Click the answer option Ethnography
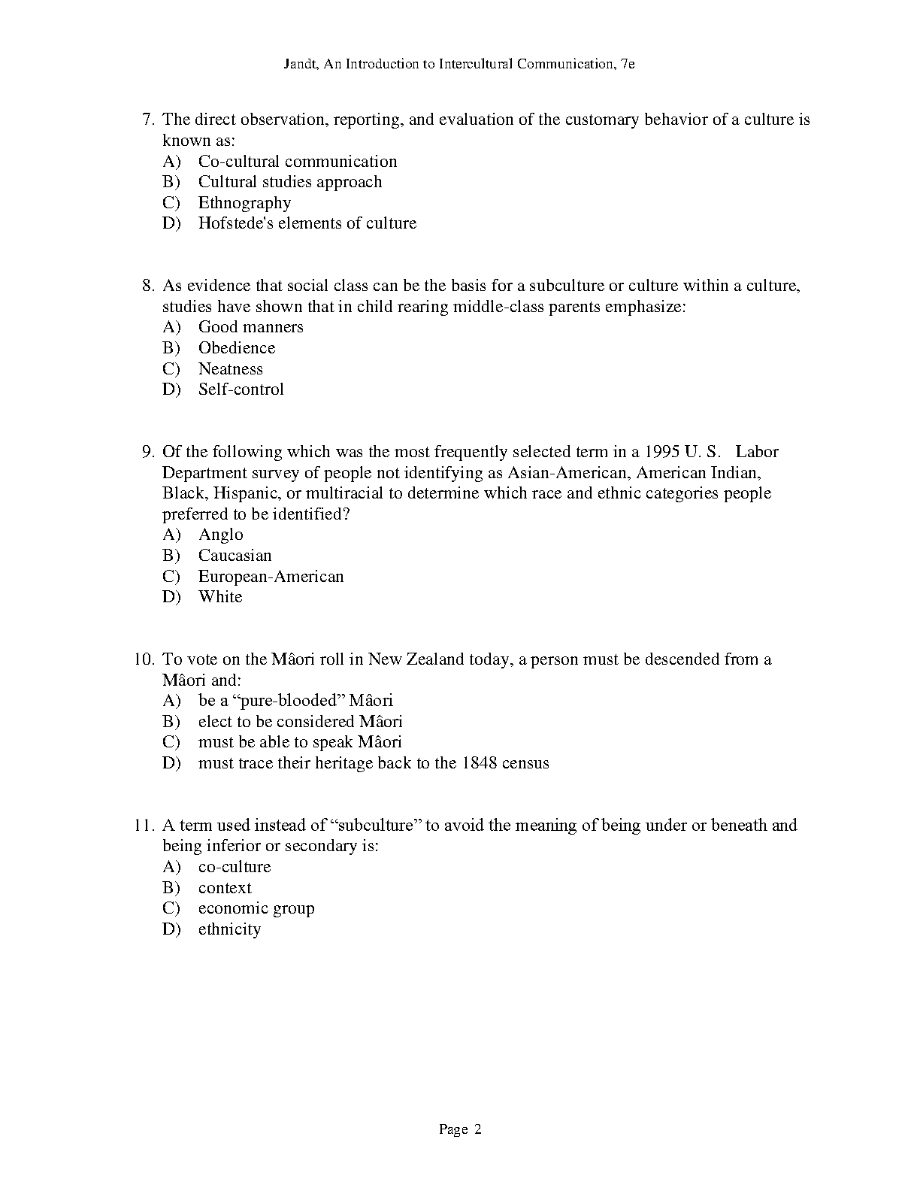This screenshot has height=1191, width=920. pos(244,203)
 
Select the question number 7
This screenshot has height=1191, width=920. pos(147,120)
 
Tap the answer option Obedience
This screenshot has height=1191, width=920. pos(237,348)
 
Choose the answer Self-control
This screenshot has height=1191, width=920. pos(241,389)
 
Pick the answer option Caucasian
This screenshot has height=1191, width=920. pos(235,556)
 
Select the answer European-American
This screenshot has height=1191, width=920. pos(271,577)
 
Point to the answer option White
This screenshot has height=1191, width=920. pos(220,597)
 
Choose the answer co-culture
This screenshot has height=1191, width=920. pos(235,867)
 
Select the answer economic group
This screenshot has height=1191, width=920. pos(256,908)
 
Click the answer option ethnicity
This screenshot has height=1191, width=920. pos(229,929)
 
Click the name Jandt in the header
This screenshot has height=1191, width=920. pos(299,64)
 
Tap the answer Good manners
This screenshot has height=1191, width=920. pos(251,327)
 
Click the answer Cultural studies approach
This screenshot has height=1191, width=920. pos(290,182)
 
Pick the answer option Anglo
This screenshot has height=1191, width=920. pos(221,535)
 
